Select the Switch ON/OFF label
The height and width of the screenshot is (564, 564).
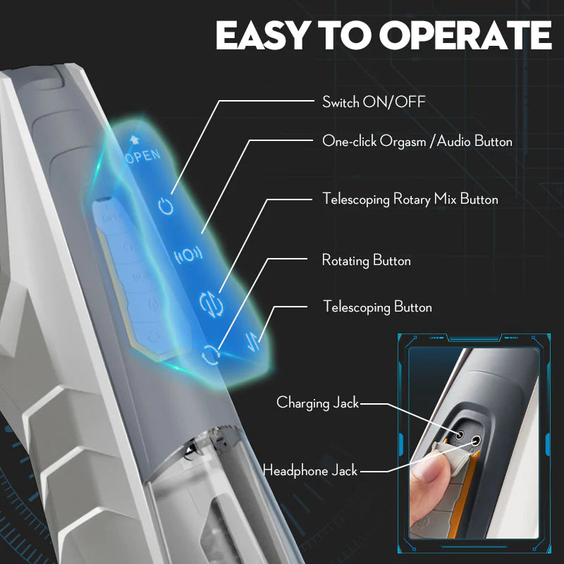coord(374,102)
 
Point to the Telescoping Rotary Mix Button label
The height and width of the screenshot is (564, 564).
coord(410,199)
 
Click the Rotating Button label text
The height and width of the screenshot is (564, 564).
coord(366,260)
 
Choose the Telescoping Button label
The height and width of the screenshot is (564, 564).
coord(377,307)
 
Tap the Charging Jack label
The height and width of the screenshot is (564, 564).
coord(318,403)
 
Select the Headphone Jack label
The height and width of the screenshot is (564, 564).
coord(310,470)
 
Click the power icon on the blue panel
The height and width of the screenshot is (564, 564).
coord(166,206)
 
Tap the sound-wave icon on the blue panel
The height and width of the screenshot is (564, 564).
coord(188,255)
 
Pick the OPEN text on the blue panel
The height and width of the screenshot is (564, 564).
coord(143,156)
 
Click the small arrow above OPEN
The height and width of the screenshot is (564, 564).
coord(134,139)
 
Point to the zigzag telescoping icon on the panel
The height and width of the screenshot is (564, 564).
coord(252,341)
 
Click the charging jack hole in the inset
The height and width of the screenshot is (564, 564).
coord(460,436)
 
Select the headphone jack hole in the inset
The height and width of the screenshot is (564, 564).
coord(475,439)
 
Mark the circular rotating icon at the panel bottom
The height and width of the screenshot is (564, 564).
coord(210,355)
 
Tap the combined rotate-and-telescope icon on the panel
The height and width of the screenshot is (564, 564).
coord(211,305)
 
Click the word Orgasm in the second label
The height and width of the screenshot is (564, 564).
coord(403,142)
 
